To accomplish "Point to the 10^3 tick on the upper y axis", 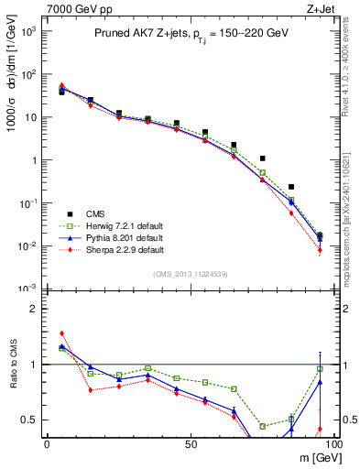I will (x=29, y=30).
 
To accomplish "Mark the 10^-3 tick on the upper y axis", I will (x=29, y=289).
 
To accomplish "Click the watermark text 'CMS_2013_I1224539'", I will (x=191, y=275).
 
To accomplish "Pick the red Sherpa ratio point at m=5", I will (x=61, y=333).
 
